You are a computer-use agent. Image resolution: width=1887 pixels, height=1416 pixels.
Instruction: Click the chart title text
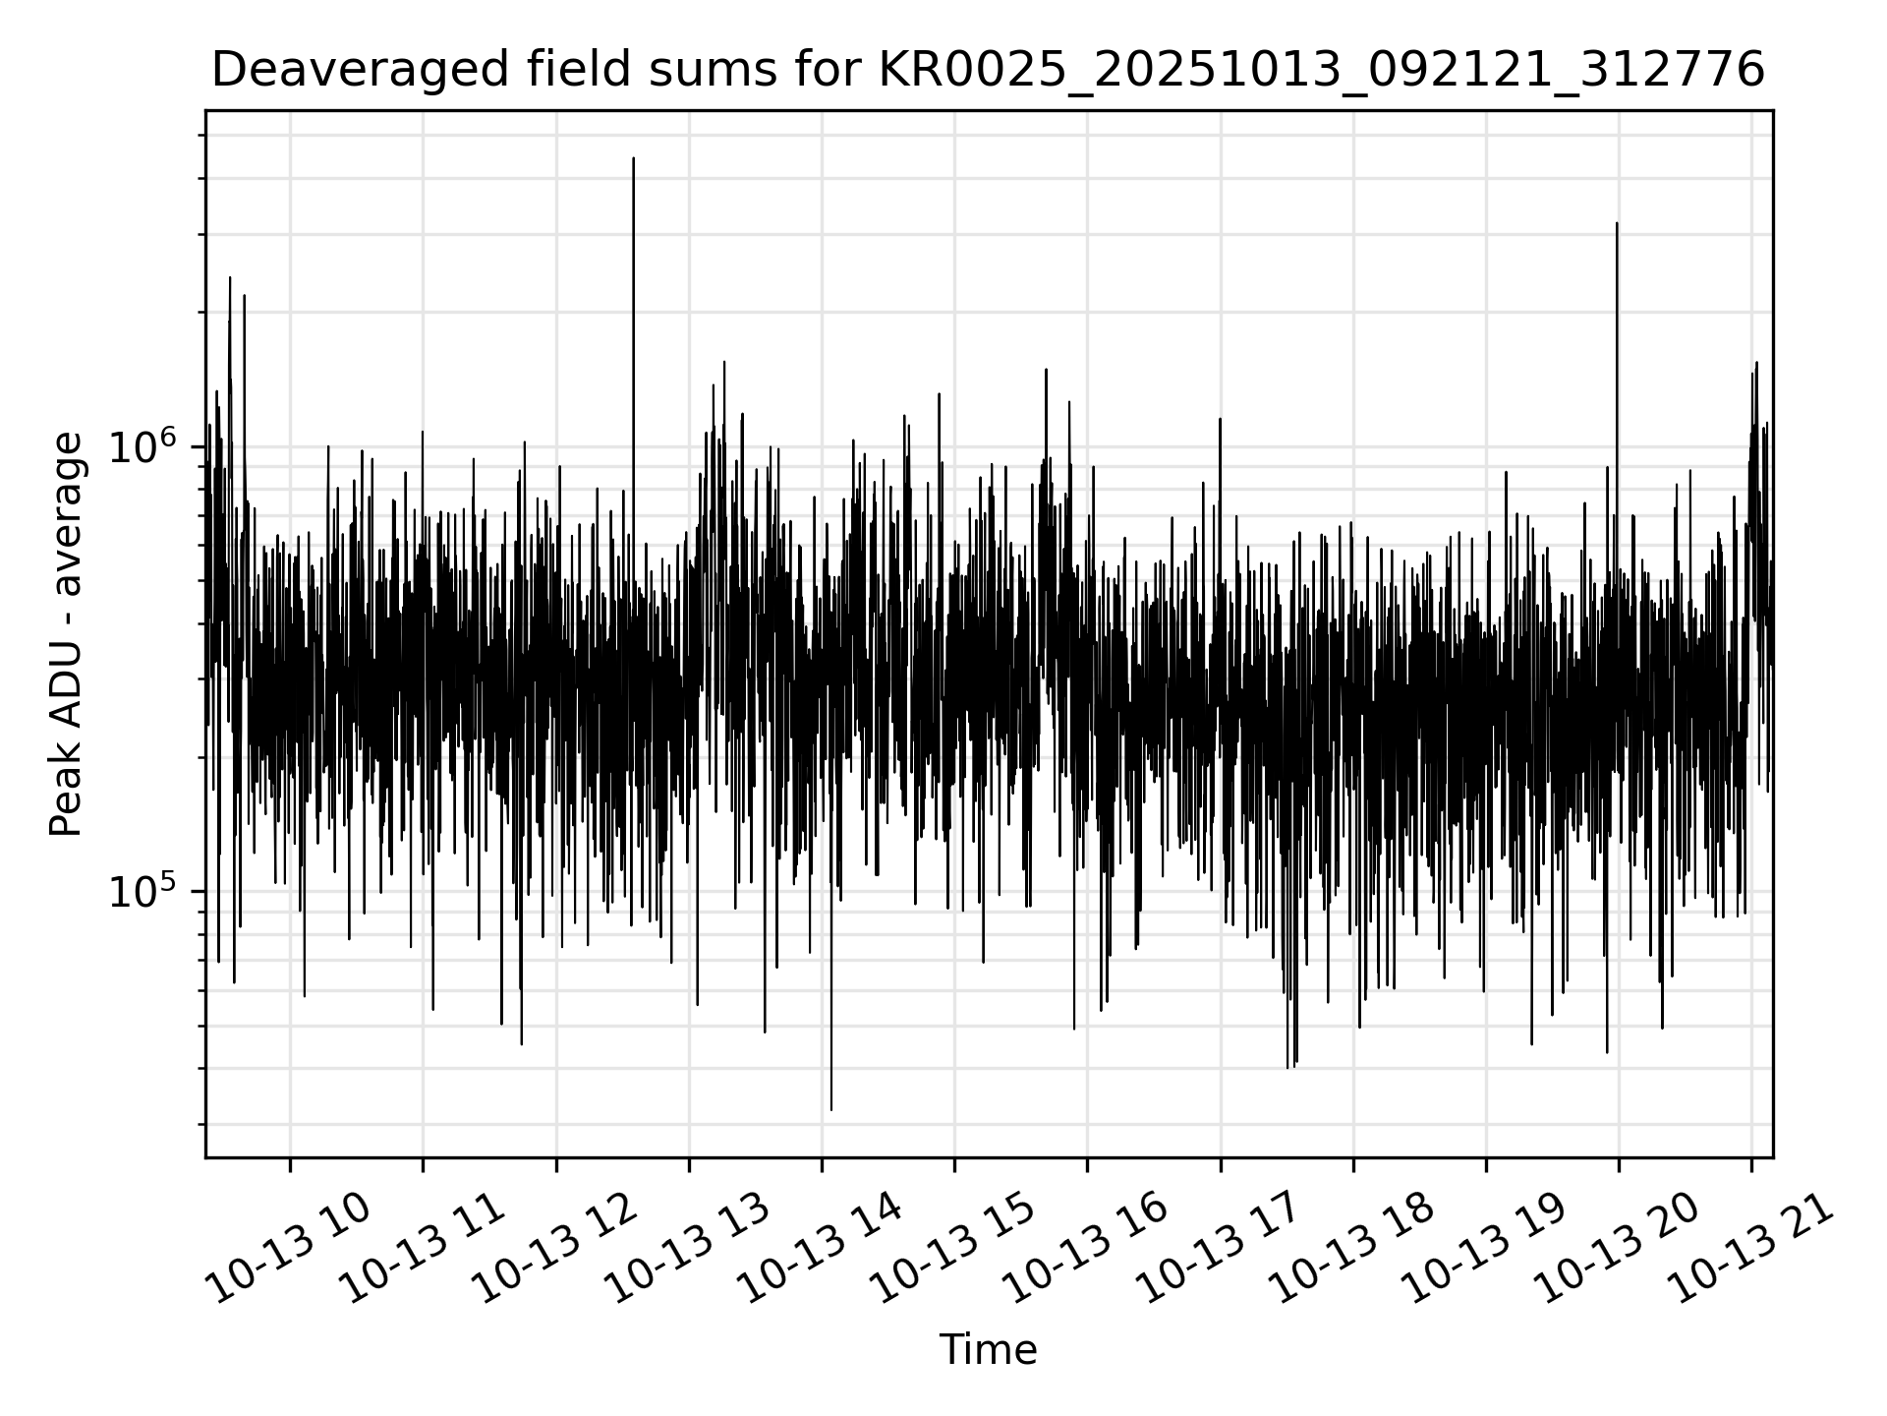[988, 71]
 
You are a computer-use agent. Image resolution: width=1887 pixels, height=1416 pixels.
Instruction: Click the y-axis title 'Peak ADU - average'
[66, 634]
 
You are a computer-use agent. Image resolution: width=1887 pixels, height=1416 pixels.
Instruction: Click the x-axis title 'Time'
[988, 1350]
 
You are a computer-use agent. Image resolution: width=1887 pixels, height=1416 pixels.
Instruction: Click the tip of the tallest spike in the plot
[634, 158]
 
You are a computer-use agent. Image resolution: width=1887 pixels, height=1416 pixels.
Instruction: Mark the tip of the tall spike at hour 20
[1617, 224]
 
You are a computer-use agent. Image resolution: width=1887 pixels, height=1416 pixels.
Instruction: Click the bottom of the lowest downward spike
[831, 1110]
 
